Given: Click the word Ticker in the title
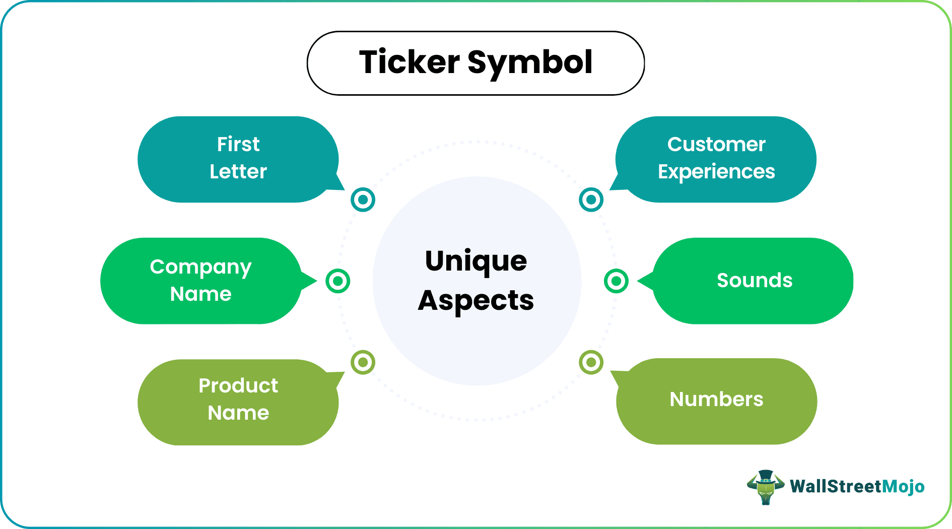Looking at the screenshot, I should pos(409,62).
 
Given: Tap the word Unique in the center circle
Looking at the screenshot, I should pos(476,261).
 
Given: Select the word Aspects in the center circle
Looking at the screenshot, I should pos(476,301).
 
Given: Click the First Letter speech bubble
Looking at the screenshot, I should pos(238,159).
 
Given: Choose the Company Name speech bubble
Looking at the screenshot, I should pos(200,281).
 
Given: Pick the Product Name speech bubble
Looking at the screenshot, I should pos(238,402).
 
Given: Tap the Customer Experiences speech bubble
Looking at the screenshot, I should pos(716,159).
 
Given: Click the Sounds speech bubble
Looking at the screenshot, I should pos(754,281).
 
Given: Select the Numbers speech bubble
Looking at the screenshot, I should pos(716,401).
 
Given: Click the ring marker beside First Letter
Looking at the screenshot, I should pos(363,200).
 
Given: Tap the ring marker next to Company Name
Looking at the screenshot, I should pos(337,281).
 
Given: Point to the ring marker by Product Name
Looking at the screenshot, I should pos(363,362).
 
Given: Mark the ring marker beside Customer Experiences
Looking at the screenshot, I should pos(591,200).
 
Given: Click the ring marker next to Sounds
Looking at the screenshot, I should pos(616,281).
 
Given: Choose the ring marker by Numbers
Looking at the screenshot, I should pos(591,362).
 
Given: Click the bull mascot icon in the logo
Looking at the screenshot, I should pos(765,487).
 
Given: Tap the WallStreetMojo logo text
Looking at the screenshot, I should pos(857,487).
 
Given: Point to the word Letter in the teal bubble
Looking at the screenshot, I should pos(238,172).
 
